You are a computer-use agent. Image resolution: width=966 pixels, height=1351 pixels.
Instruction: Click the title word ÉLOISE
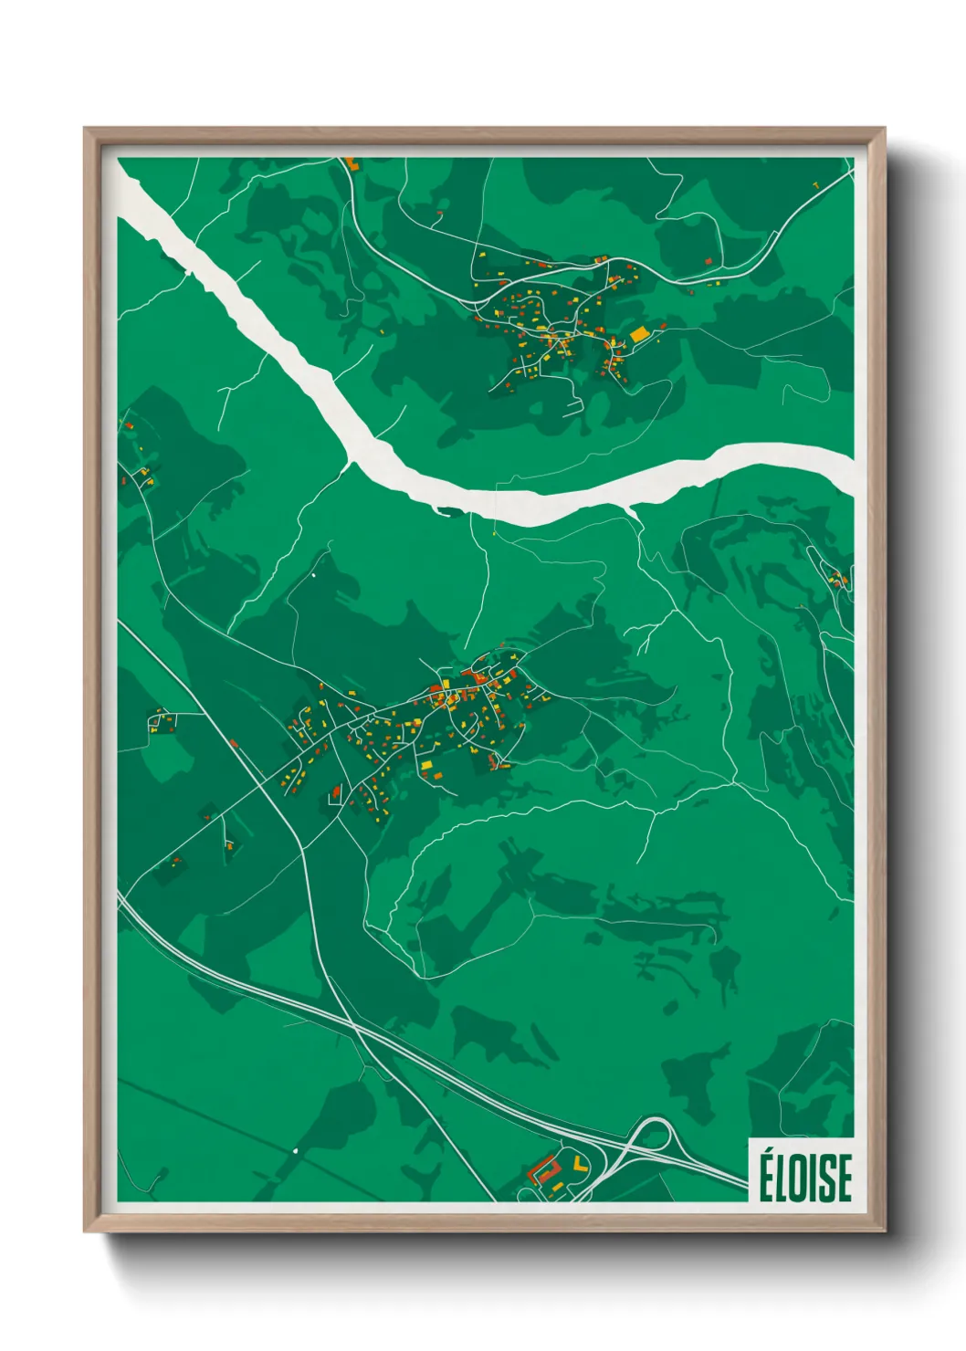click(x=804, y=1177)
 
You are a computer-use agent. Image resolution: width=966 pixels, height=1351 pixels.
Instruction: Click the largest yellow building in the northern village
click(x=638, y=334)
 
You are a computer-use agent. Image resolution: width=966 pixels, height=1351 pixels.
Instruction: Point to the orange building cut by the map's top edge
click(x=352, y=164)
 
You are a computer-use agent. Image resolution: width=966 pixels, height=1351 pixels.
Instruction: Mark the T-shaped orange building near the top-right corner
click(x=815, y=185)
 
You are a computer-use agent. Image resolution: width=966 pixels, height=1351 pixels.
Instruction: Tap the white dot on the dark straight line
click(x=296, y=1150)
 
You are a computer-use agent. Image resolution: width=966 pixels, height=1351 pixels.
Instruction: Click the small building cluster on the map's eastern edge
click(x=835, y=577)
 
